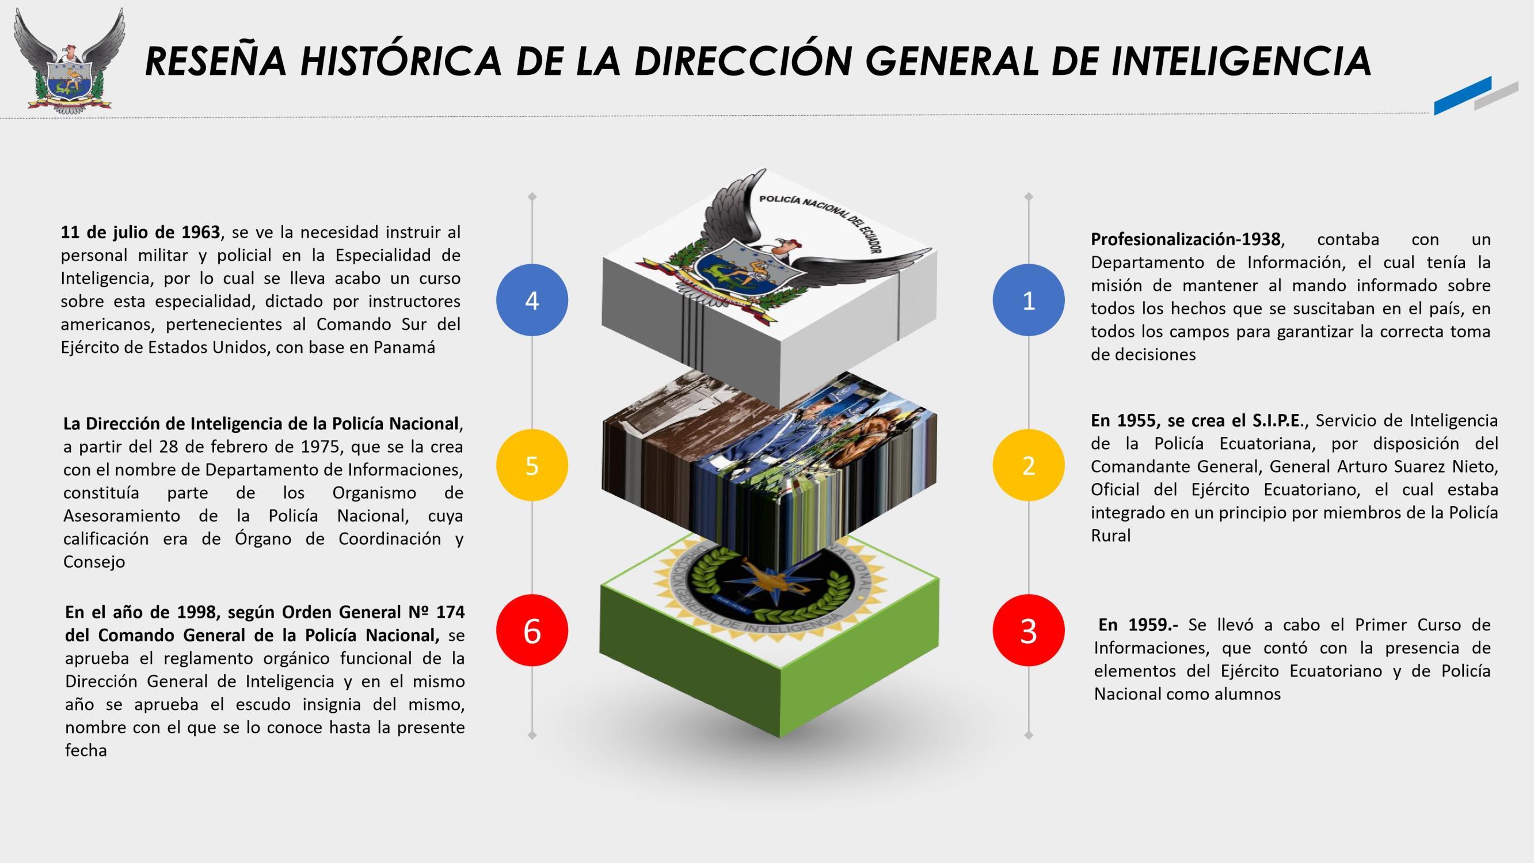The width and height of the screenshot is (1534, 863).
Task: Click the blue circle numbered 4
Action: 532,300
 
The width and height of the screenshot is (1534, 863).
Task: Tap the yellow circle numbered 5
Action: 532,465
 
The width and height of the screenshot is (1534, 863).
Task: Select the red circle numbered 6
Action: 532,630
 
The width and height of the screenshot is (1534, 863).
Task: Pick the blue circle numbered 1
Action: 1029,300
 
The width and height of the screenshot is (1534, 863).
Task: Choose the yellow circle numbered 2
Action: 1029,465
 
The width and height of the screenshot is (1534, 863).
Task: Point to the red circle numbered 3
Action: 1029,630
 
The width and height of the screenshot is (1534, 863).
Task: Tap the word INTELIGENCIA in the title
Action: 1241,62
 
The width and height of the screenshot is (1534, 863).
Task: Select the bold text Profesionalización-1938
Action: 1185,239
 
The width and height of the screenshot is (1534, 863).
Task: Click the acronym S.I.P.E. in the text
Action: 1278,420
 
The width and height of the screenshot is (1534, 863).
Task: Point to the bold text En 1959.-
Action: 1138,625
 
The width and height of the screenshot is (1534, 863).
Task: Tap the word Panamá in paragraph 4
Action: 404,347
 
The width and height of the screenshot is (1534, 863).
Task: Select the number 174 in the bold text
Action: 450,612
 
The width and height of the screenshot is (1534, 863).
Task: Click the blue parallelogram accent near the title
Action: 1462,96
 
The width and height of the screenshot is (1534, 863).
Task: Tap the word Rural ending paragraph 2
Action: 1110,535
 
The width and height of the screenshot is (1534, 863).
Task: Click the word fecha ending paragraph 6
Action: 86,750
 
